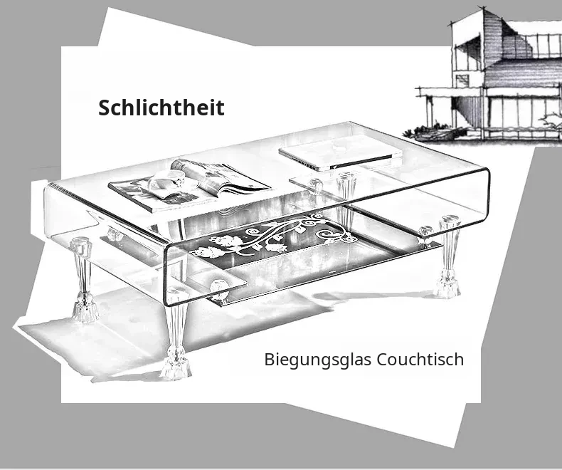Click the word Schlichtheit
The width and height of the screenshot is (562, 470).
tap(161, 108)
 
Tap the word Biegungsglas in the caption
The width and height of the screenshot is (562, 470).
tap(317, 360)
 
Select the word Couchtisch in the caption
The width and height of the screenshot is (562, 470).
tap(420, 359)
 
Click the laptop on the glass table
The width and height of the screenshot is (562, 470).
tap(341, 152)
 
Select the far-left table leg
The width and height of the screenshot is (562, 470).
tap(83, 280)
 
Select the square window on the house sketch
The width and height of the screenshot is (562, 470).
tap(462, 80)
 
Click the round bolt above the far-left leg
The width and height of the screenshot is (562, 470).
tap(80, 245)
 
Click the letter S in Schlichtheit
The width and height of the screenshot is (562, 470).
tap(105, 108)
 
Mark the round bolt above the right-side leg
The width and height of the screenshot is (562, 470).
tap(450, 219)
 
